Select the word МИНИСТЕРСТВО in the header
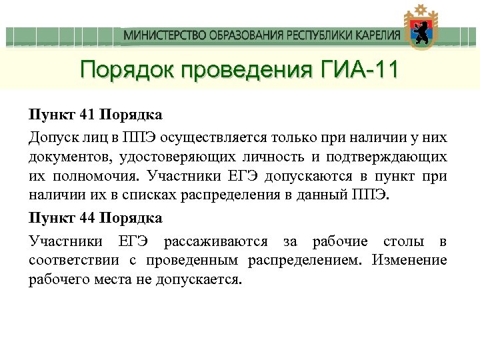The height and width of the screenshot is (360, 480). (x=161, y=35)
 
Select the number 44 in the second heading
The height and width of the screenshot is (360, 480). (x=87, y=217)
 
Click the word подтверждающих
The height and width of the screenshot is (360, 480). (x=386, y=157)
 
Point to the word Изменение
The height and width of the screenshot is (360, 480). (x=409, y=260)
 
